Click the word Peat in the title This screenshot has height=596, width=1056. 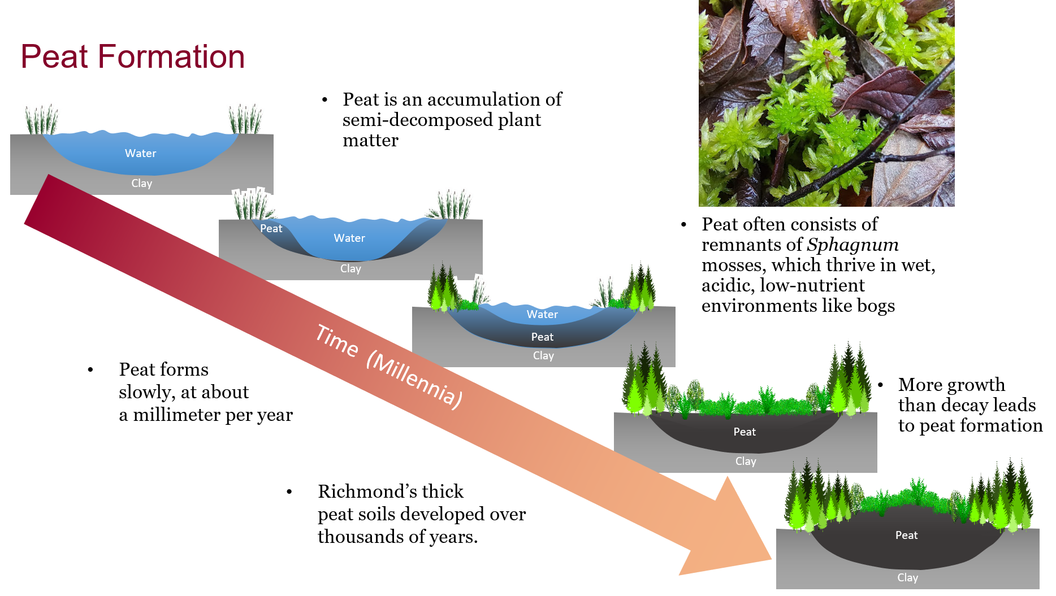point(54,57)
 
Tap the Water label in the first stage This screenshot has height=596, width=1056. point(140,153)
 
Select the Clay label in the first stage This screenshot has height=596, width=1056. point(141,183)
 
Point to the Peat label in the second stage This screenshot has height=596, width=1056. point(271,228)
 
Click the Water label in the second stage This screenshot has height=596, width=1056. point(349,238)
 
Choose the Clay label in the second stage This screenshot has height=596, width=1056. point(350,268)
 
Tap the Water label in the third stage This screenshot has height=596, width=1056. point(542,314)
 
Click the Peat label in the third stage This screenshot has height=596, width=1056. point(542,337)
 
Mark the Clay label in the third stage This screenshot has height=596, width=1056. point(543,355)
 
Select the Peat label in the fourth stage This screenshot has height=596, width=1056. point(745,432)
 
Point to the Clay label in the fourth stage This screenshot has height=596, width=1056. point(746,461)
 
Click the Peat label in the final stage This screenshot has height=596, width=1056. point(906,535)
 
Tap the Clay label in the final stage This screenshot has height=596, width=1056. point(907,577)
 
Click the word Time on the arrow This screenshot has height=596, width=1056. point(337,341)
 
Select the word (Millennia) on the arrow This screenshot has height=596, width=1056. point(414,379)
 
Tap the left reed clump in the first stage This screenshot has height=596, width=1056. point(42,118)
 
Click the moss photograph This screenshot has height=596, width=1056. point(826,103)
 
